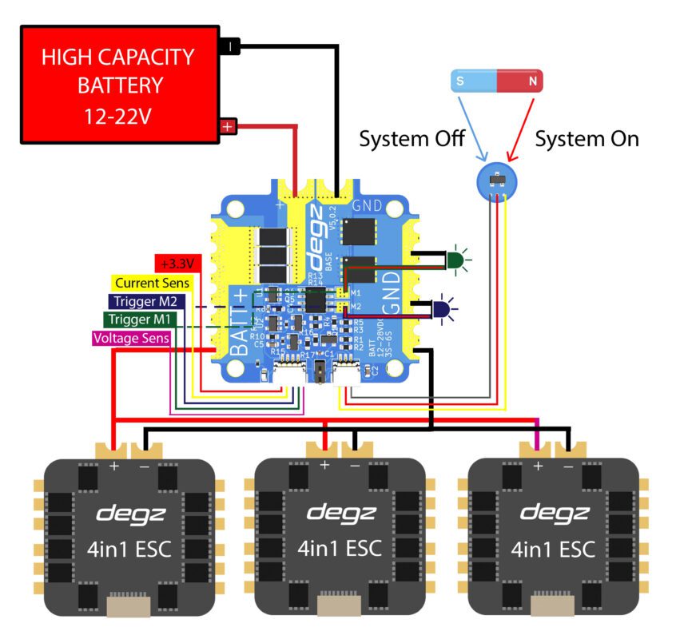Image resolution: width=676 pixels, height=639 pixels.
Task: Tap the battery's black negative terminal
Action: pyautogui.click(x=229, y=47)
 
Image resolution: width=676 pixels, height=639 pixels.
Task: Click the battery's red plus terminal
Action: pyautogui.click(x=229, y=126)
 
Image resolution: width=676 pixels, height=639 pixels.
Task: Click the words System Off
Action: pyautogui.click(x=412, y=139)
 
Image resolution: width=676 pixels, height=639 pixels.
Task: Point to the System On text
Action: pyautogui.click(x=587, y=139)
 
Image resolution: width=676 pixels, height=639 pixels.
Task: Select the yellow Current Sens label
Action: pyautogui.click(x=152, y=283)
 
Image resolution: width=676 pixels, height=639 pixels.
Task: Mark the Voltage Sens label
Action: pyautogui.click(x=130, y=338)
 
